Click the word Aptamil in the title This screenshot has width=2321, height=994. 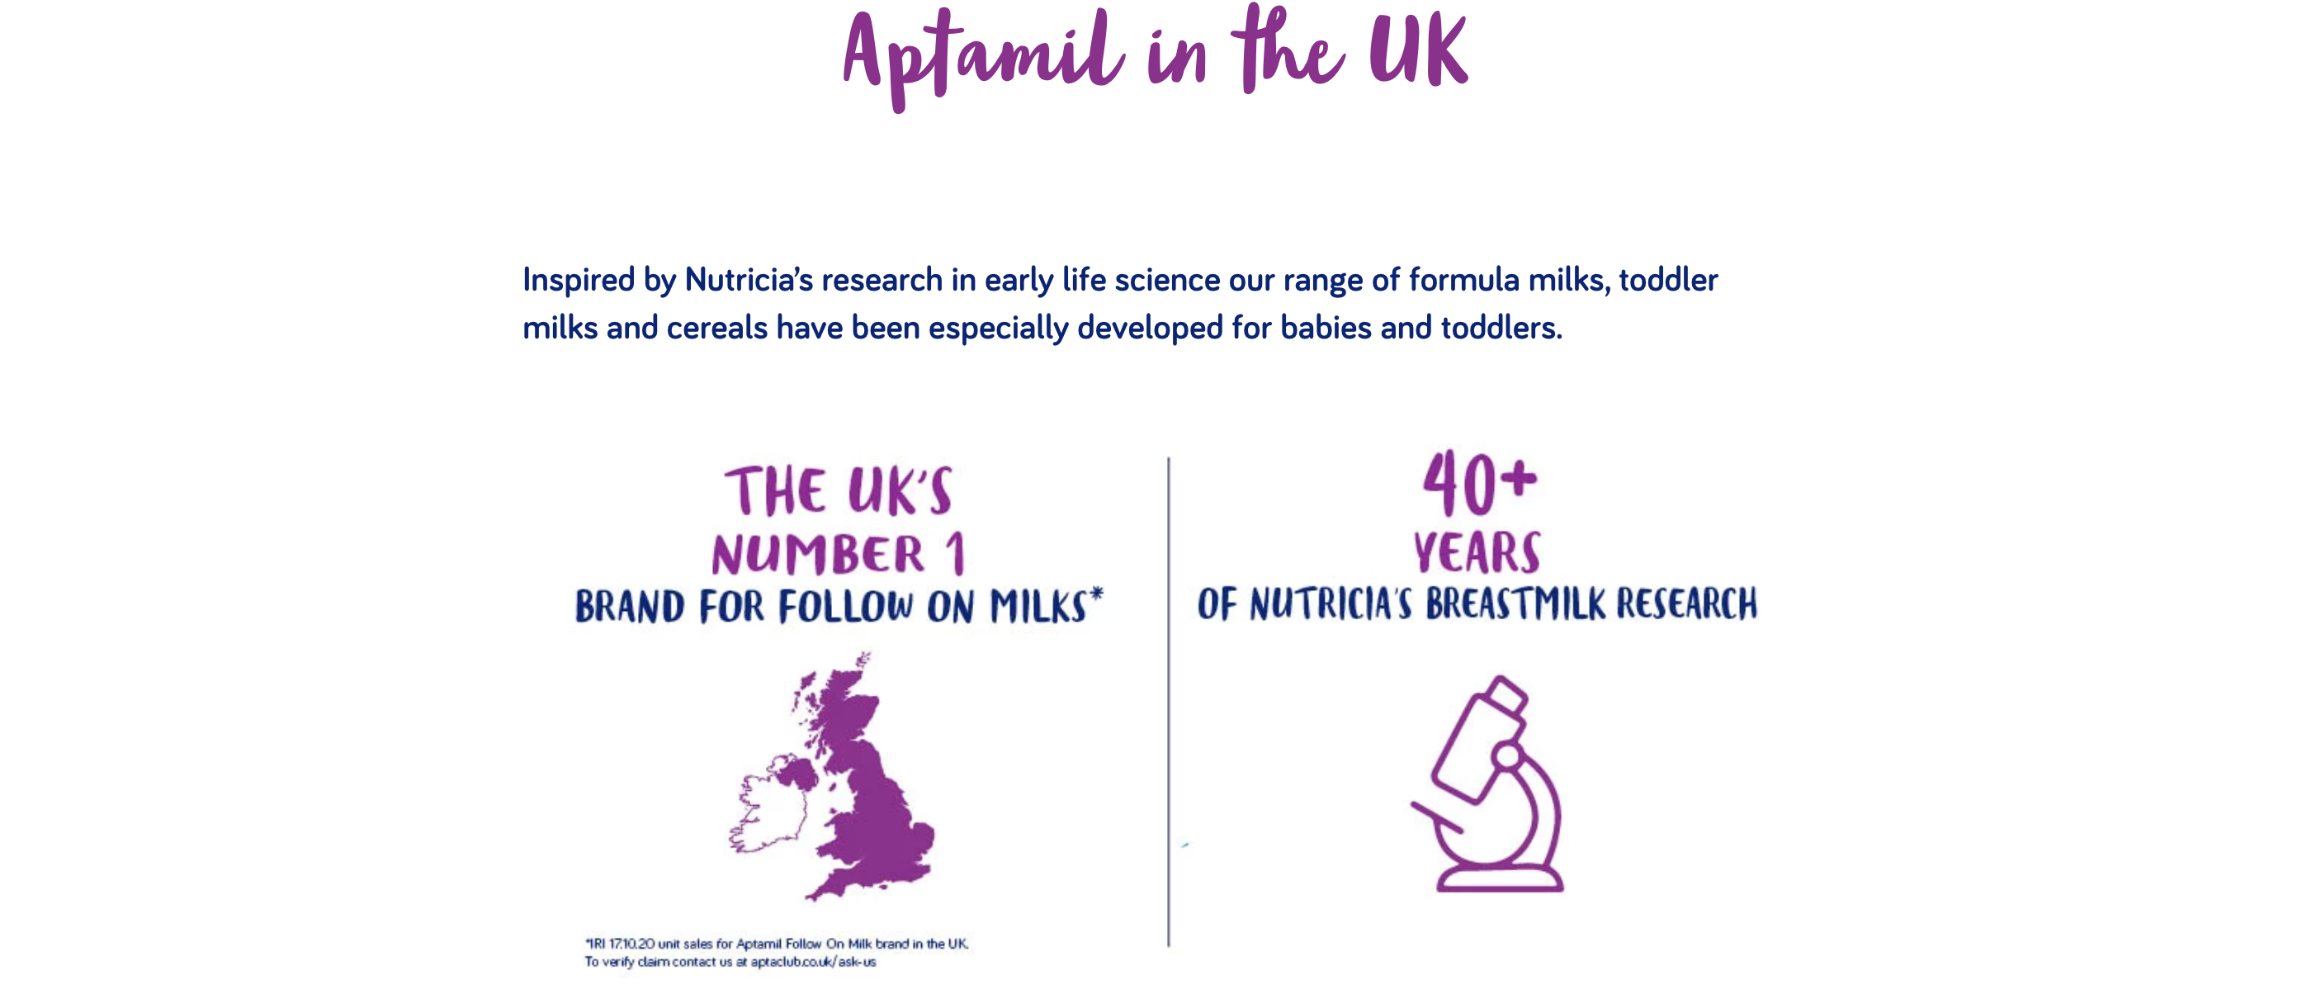(983, 59)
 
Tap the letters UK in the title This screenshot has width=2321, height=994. (1419, 52)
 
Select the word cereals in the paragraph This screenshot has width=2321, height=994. (717, 328)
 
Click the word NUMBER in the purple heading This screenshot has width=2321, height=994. (818, 554)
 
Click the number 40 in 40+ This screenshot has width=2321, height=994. (1462, 484)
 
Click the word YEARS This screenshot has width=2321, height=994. (1477, 552)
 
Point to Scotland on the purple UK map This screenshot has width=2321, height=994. (836, 712)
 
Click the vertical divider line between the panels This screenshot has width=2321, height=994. (1169, 701)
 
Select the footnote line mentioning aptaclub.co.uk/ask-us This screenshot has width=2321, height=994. (730, 962)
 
